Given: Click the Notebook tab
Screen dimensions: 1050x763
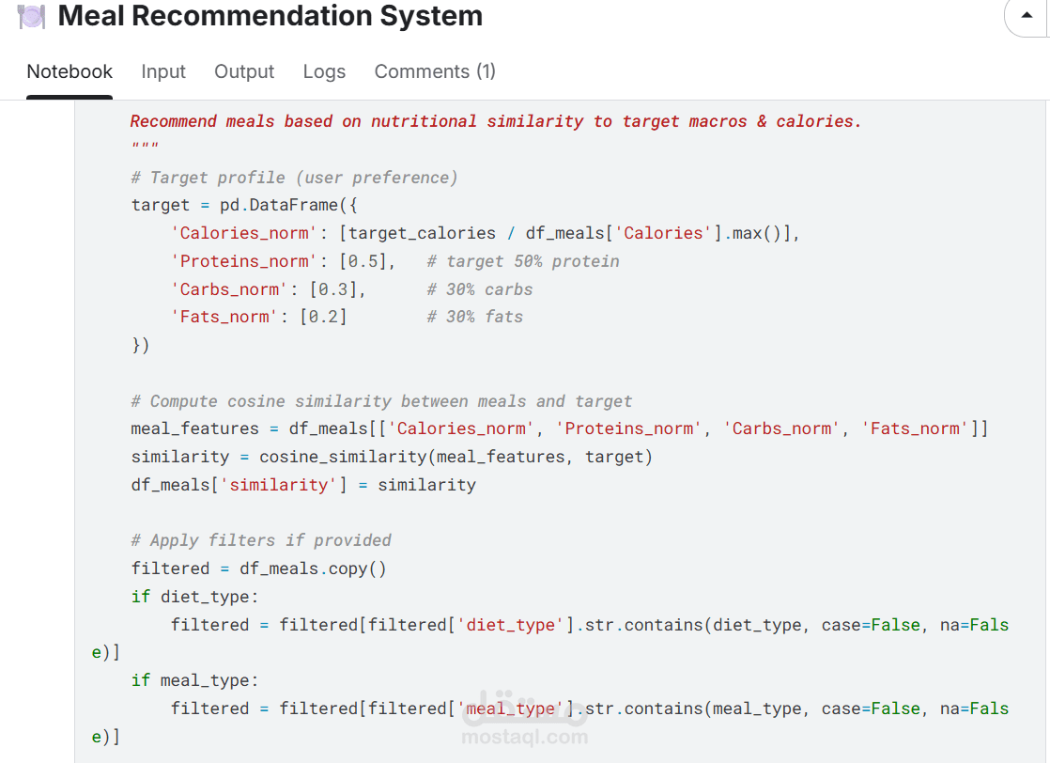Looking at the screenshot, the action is tap(69, 71).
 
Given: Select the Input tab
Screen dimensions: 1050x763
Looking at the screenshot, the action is tap(163, 71).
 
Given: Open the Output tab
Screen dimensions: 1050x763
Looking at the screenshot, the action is tap(244, 71).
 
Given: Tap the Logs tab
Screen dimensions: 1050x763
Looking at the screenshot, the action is tap(324, 71).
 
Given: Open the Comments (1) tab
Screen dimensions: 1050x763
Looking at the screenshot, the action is tap(435, 71).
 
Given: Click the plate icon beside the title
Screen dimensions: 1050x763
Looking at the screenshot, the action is tap(31, 16).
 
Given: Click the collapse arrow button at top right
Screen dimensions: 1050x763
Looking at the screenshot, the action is tap(1026, 15).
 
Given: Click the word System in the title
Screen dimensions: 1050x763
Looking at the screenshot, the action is tap(431, 16).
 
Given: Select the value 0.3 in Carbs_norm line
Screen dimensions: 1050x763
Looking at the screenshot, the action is tap(333, 289).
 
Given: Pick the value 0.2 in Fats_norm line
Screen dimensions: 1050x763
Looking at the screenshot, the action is tap(323, 317).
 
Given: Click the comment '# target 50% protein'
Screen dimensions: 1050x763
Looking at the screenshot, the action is tap(523, 261).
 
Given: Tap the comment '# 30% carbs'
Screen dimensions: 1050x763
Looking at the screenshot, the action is tap(480, 289).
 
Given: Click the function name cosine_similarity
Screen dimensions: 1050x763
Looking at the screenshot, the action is tap(343, 457).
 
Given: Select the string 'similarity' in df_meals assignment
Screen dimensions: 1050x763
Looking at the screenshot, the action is tap(279, 485).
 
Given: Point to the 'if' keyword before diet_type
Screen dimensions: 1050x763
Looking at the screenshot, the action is tap(141, 597).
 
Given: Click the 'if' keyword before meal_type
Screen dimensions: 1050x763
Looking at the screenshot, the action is tap(141, 680).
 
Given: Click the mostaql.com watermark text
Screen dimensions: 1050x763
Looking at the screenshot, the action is tap(525, 737).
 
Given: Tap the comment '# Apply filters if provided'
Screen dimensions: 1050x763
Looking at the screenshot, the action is tap(261, 540).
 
